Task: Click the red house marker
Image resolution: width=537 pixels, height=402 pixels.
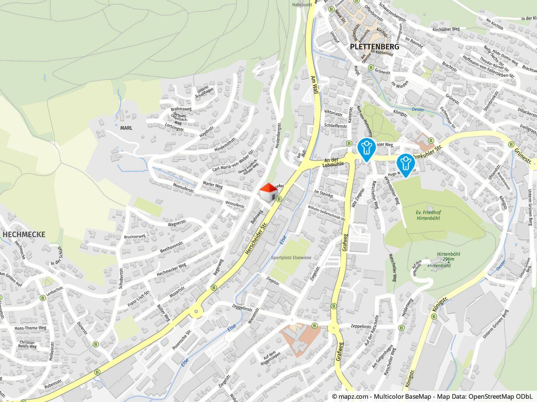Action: (268, 192)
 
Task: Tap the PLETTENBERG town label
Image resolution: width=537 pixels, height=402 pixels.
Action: (374, 47)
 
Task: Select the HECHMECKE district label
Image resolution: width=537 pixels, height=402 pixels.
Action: (24, 234)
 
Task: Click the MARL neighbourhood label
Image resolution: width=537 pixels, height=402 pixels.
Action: (126, 128)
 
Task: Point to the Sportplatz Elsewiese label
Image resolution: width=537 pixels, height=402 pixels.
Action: (291, 258)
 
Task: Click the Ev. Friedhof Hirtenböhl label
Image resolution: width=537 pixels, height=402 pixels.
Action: (428, 215)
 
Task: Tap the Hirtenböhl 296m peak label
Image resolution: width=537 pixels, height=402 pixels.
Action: (448, 256)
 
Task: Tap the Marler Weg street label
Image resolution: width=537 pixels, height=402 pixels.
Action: (213, 185)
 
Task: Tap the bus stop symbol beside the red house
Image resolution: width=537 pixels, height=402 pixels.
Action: (279, 199)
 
